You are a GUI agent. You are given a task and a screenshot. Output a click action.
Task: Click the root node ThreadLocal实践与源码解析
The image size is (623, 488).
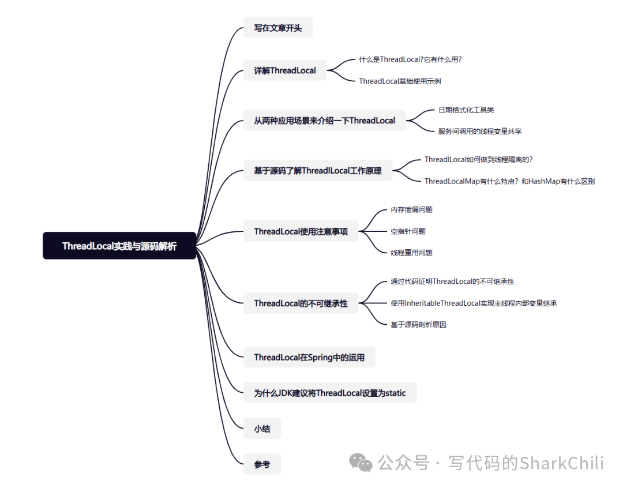point(119,246)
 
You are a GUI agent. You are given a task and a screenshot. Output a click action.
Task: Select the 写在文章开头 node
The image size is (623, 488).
point(277,28)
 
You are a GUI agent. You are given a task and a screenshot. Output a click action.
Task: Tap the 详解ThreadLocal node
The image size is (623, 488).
point(285,70)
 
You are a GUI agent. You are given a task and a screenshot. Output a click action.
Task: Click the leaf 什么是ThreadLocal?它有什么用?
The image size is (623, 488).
point(410,59)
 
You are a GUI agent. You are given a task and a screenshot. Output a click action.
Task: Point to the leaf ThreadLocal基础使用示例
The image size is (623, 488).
point(400,81)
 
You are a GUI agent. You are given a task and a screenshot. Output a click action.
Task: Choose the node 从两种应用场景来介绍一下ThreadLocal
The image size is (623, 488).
point(324,121)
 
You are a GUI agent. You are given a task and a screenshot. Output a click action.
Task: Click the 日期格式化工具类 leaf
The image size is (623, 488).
point(466,110)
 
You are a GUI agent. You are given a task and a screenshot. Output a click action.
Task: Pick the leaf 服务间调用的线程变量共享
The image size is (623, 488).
point(479,131)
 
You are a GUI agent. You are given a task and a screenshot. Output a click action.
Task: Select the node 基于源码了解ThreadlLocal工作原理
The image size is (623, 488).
point(317,170)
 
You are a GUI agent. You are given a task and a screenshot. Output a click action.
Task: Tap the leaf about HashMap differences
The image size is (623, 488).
point(509,181)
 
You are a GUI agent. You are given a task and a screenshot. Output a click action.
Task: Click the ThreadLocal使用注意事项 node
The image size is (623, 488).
point(301,231)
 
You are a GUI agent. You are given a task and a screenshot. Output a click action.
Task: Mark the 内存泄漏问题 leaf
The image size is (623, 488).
point(411,209)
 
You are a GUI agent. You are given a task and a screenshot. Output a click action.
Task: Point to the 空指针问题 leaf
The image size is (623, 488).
point(408,231)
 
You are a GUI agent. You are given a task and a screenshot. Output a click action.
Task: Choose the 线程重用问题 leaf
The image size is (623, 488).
point(411,253)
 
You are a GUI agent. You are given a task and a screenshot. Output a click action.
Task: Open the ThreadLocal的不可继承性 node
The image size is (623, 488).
point(301,303)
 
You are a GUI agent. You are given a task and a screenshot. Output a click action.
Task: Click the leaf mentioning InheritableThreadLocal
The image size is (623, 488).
point(473,303)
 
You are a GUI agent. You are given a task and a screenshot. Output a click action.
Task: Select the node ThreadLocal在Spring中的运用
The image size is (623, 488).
point(309,357)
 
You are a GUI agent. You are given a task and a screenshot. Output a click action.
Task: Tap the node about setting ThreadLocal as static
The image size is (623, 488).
point(329,393)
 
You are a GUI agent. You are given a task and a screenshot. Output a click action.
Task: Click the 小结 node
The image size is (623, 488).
point(262,429)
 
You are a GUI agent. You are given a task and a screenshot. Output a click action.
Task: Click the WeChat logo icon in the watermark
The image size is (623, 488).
point(362,462)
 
